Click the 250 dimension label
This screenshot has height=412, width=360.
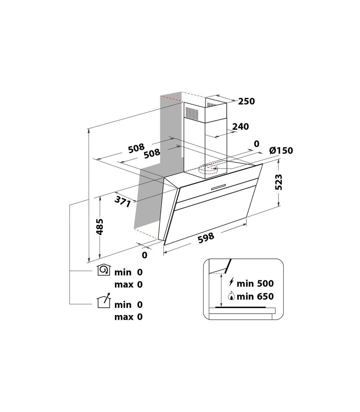(x=246, y=101)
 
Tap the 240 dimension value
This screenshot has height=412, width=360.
(x=241, y=127)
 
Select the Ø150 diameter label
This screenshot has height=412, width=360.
(x=281, y=151)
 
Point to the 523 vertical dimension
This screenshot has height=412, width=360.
(x=279, y=182)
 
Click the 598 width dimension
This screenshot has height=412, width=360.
(x=206, y=238)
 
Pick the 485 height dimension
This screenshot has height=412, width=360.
(x=100, y=227)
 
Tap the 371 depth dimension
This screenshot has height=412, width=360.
(x=122, y=202)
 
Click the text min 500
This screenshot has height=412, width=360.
(x=255, y=284)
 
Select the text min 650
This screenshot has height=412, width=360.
(x=255, y=296)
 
